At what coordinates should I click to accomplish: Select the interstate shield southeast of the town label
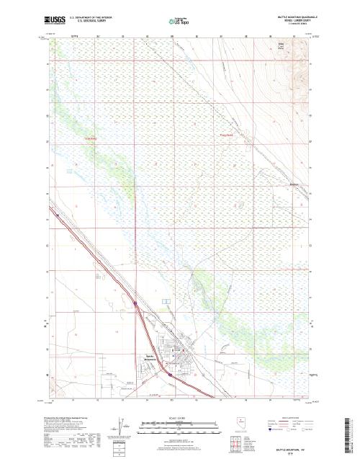tap(168, 375)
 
